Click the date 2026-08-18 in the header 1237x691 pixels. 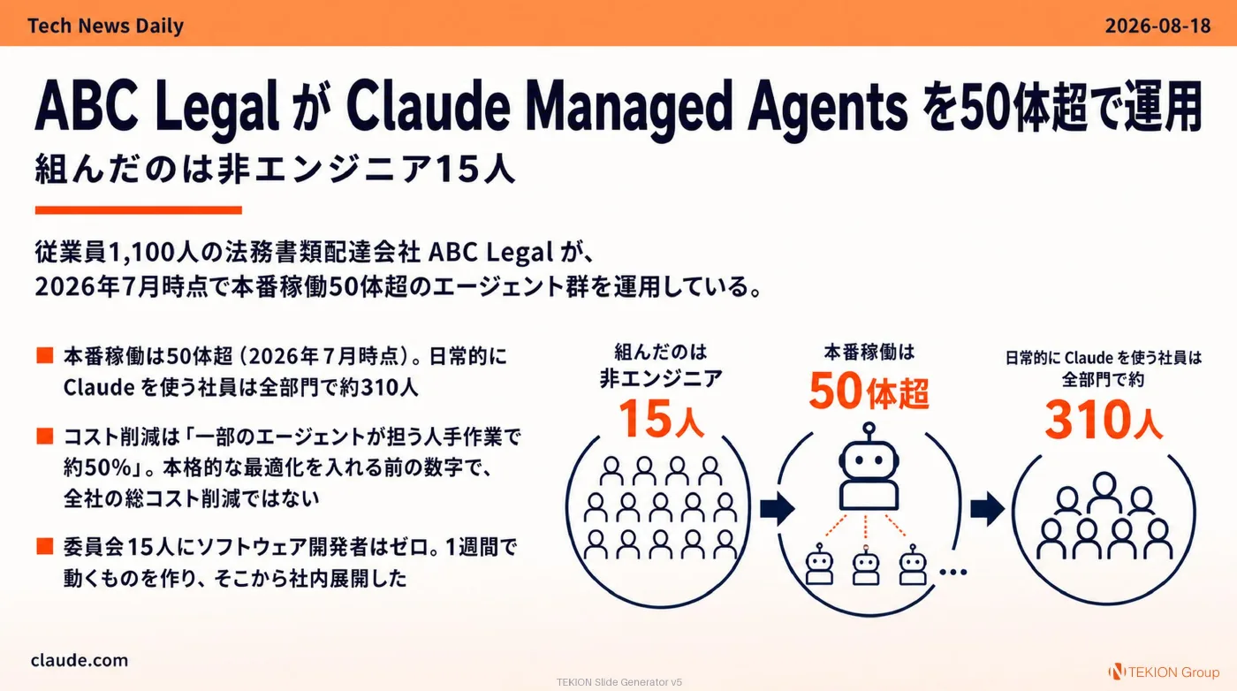tap(1157, 26)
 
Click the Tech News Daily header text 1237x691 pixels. tap(105, 26)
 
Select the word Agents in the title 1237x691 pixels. tap(827, 106)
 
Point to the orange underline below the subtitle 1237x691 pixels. tap(138, 210)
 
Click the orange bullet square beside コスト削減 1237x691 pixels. tap(45, 436)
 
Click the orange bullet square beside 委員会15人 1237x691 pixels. tap(45, 546)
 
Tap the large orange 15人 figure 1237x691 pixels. tap(661, 419)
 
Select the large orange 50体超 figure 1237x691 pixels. tap(869, 391)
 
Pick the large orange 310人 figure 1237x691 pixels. tap(1104, 421)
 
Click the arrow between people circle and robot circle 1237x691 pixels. tap(777, 509)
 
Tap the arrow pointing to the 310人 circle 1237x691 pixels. tap(988, 509)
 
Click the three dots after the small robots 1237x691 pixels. tap(953, 573)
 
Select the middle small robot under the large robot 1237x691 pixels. tap(865, 566)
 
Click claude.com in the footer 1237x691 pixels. tap(80, 660)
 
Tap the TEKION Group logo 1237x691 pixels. tap(1165, 672)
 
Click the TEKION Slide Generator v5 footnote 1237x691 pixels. tap(619, 682)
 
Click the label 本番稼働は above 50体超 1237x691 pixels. tap(869, 352)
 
